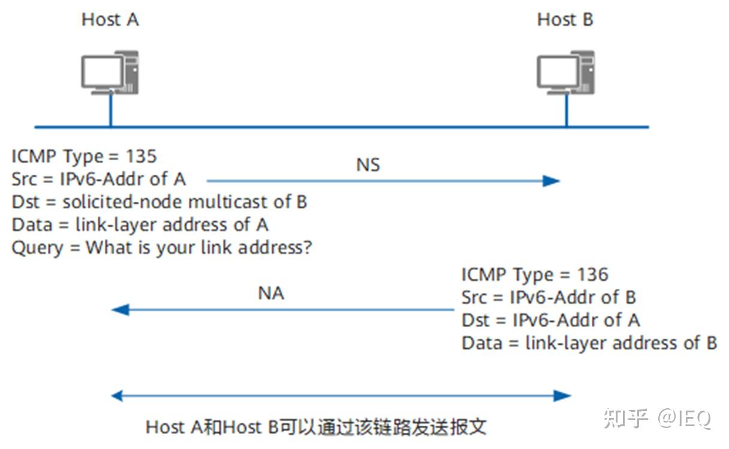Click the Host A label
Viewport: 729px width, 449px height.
pyautogui.click(x=110, y=20)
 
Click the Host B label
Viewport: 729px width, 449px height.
pyautogui.click(x=565, y=20)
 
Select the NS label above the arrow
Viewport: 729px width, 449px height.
pyautogui.click(x=368, y=164)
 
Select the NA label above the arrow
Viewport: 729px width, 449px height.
pyautogui.click(x=271, y=294)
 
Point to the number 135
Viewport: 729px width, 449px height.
pyautogui.click(x=141, y=157)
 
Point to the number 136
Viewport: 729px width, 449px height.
pyautogui.click(x=592, y=275)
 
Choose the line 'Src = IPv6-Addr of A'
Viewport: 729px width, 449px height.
pyautogui.click(x=99, y=179)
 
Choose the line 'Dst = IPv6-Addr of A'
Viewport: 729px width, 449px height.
pyautogui.click(x=550, y=320)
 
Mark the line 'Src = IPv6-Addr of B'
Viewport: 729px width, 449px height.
pyautogui.click(x=549, y=297)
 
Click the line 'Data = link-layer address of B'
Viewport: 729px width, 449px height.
pyautogui.click(x=589, y=343)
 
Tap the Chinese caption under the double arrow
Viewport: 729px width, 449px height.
pyautogui.click(x=316, y=427)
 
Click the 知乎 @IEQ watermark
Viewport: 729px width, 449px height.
pyautogui.click(x=657, y=418)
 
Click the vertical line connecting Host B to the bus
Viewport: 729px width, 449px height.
pyautogui.click(x=566, y=111)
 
